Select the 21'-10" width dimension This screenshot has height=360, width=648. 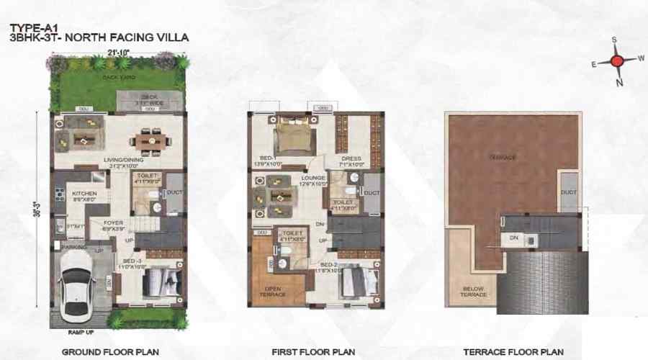pyautogui.click(x=118, y=52)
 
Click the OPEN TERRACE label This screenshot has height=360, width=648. pyautogui.click(x=268, y=291)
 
